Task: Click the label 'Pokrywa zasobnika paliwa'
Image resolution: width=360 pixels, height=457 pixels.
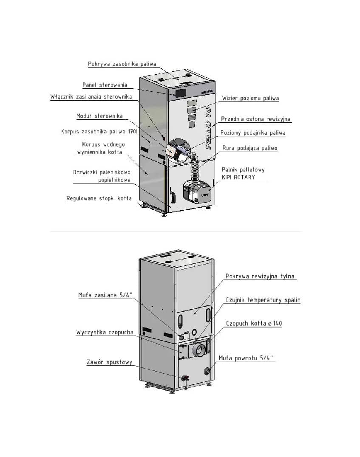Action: pyautogui.click(x=122, y=64)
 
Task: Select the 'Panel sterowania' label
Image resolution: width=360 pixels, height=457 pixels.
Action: pyautogui.click(x=105, y=85)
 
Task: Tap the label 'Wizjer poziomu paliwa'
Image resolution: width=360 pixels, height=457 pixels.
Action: pyautogui.click(x=250, y=98)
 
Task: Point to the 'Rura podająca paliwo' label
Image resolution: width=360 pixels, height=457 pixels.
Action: pyautogui.click(x=250, y=148)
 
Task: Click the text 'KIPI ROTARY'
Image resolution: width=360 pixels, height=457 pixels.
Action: pyautogui.click(x=238, y=177)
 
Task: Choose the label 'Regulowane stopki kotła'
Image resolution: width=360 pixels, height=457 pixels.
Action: pyautogui.click(x=99, y=198)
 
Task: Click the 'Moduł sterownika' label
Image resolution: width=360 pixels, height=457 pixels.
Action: pyautogui.click(x=99, y=116)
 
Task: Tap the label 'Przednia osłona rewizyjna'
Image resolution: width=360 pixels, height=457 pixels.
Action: pyautogui.click(x=255, y=119)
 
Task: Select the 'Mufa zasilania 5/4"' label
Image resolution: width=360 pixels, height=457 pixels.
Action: pyautogui.click(x=105, y=295)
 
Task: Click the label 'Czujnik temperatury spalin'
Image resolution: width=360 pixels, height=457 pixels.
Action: pyautogui.click(x=263, y=300)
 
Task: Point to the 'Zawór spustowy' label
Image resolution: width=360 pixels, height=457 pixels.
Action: pyautogui.click(x=109, y=362)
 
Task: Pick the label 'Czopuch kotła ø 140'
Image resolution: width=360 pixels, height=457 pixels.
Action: pyautogui.click(x=254, y=323)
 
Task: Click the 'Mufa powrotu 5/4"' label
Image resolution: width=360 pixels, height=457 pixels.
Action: pyautogui.click(x=246, y=358)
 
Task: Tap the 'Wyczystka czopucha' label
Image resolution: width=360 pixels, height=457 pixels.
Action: pyautogui.click(x=105, y=332)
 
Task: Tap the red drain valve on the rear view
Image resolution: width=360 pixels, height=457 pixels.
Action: pyautogui.click(x=184, y=378)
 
